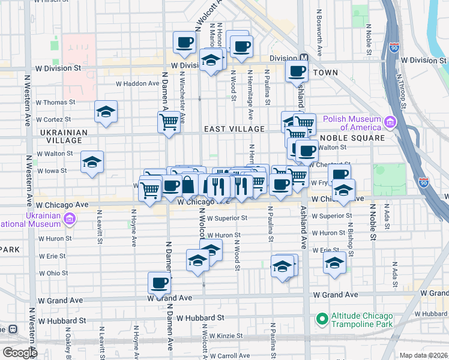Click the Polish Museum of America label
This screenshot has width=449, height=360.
(351, 123)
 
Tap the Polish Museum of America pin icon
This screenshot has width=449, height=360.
(391, 123)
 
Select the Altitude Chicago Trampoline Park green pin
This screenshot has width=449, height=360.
(322, 318)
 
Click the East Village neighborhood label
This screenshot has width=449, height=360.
(234, 129)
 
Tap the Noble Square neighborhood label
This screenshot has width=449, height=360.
(360, 137)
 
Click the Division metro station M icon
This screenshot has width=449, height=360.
(304, 58)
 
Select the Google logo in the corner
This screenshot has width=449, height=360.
(20, 353)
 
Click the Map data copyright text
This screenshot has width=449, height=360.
(424, 355)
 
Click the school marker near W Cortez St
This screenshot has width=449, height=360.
(106, 112)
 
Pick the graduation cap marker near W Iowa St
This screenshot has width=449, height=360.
(92, 162)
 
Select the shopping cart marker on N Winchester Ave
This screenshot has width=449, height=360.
(169, 122)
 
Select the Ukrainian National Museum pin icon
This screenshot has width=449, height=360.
(70, 219)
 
